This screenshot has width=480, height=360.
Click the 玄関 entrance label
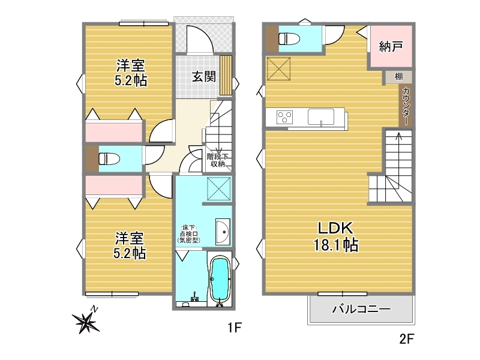click(204, 77)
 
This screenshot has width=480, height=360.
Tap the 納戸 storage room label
click(391, 47)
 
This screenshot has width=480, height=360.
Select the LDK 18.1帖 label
click(336, 236)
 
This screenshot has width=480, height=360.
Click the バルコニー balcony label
click(362, 309)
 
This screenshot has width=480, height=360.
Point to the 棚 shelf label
click(398, 76)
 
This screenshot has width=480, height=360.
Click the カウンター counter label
click(406, 106)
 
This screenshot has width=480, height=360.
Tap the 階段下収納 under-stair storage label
click(218, 160)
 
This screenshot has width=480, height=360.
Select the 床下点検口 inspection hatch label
click(189, 234)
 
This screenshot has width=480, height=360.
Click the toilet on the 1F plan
click(109, 158)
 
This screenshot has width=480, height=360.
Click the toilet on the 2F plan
click(289, 39)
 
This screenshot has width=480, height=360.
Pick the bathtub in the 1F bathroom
click(220, 278)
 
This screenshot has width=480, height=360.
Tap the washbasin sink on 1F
click(223, 232)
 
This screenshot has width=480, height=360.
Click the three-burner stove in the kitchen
click(284, 116)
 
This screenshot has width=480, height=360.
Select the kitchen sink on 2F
click(321, 116)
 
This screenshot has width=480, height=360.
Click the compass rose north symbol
click(86, 321)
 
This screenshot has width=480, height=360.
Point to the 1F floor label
click(235, 328)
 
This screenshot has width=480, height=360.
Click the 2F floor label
click(407, 339)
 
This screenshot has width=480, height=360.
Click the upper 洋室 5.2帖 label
click(131, 73)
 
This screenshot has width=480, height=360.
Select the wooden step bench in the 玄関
click(226, 76)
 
